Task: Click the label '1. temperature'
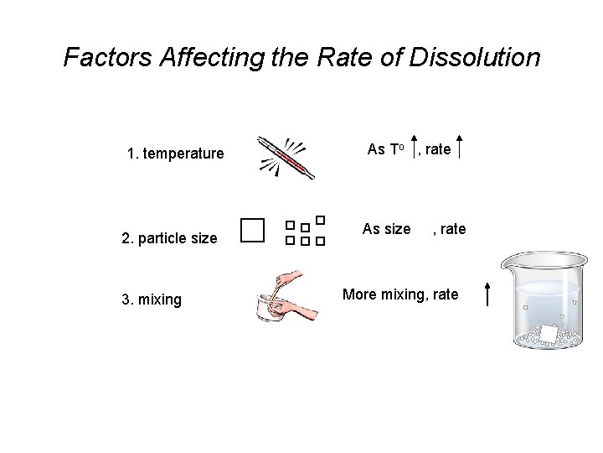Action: pyautogui.click(x=175, y=154)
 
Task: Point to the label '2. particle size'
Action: pyautogui.click(x=169, y=238)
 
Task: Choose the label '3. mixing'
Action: pyautogui.click(x=151, y=299)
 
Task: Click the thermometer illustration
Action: pyautogui.click(x=286, y=157)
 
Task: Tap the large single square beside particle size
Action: pyautogui.click(x=251, y=230)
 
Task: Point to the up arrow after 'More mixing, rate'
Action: pyautogui.click(x=487, y=295)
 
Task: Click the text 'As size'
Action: pyautogui.click(x=386, y=229)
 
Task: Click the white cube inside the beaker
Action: pyautogui.click(x=549, y=334)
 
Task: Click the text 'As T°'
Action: pyautogui.click(x=386, y=149)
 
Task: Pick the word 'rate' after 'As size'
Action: pyautogui.click(x=453, y=229)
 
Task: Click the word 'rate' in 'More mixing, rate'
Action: pyautogui.click(x=445, y=294)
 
